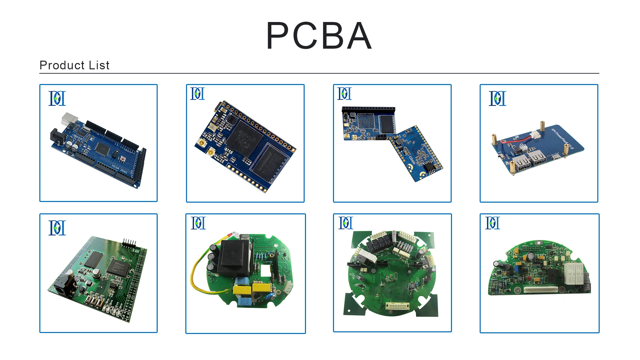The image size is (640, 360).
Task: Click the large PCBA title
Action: pos(319,36)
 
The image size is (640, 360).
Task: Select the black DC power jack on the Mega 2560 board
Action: pos(56,136)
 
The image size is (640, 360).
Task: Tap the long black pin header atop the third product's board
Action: pos(368,109)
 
